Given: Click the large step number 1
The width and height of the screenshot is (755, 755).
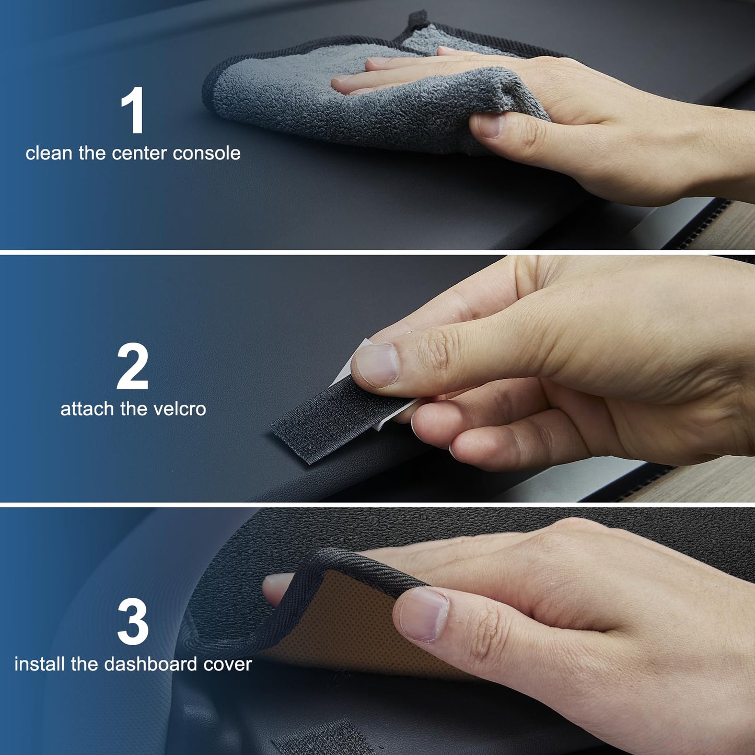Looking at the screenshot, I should click(133, 110).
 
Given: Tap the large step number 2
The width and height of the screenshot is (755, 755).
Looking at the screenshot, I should click(133, 367).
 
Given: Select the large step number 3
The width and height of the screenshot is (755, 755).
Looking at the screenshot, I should click(133, 622).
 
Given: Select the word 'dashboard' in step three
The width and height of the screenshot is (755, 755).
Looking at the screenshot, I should click(151, 664).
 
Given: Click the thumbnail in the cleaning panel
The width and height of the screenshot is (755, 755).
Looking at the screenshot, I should click(490, 126).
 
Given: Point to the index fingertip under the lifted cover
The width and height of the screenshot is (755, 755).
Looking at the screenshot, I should click(277, 588).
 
